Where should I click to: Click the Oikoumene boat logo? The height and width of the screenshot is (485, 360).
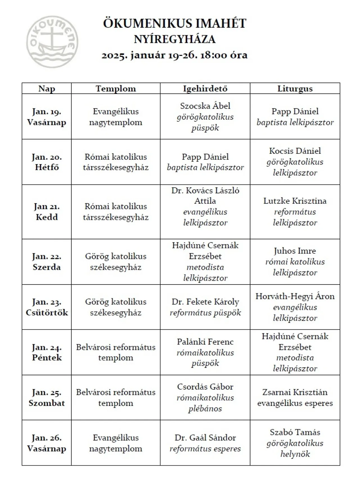click(x=52, y=42)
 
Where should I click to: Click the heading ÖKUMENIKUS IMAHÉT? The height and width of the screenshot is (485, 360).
click(x=175, y=23)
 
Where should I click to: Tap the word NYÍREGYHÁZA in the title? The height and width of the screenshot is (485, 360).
click(x=175, y=39)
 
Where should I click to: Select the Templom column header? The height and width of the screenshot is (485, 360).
click(x=116, y=89)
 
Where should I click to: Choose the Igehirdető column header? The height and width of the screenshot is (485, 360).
click(x=205, y=89)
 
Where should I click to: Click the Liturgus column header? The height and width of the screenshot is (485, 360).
click(x=295, y=89)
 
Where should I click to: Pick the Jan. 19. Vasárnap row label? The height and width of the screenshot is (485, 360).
click(x=47, y=117)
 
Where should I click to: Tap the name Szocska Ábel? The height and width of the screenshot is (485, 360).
click(x=205, y=106)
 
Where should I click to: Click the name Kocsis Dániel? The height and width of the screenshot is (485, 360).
click(x=295, y=151)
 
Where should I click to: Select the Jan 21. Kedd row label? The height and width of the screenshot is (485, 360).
click(x=47, y=212)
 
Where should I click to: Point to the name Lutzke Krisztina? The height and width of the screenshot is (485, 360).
click(x=295, y=201)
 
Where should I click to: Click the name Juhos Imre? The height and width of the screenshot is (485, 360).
click(x=295, y=251)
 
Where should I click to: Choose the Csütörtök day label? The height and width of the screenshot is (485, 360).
click(x=47, y=313)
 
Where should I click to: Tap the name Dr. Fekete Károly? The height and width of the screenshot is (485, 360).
click(x=205, y=302)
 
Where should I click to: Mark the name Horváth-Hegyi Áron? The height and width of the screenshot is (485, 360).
click(x=295, y=296)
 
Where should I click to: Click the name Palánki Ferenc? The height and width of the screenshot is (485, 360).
click(x=205, y=342)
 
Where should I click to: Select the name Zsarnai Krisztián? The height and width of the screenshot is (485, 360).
click(x=295, y=392)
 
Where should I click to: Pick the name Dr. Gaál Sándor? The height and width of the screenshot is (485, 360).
click(x=205, y=438)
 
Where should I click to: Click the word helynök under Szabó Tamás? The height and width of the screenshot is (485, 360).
click(x=295, y=454)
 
